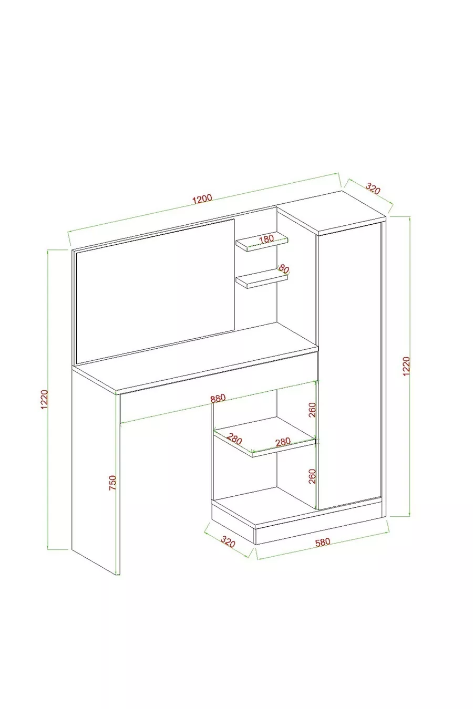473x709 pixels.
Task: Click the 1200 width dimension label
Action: point(202,199)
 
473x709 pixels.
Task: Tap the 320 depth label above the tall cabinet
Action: point(373,188)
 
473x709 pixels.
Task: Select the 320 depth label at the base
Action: point(228,541)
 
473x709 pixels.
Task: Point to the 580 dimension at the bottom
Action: point(323,543)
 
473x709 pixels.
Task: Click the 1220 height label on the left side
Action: point(44,400)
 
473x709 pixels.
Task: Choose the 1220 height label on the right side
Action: point(406,366)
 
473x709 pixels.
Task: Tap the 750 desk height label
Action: point(113,483)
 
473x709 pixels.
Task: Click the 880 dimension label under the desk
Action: point(218,399)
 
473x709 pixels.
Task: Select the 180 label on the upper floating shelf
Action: point(266,239)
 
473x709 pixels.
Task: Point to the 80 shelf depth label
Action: point(284,269)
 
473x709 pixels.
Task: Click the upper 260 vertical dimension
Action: point(312,410)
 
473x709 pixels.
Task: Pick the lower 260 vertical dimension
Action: point(312,476)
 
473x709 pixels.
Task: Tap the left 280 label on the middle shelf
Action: point(234,440)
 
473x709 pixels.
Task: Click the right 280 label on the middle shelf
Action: point(283,442)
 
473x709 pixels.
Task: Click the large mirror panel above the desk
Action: point(155,291)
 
